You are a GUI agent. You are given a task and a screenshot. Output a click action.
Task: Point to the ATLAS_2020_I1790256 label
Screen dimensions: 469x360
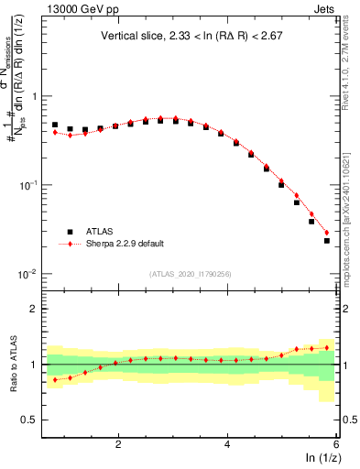pyautogui.click(x=191, y=274)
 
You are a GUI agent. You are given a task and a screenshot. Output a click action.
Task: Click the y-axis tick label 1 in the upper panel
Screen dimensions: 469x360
pyautogui.click(x=35, y=96)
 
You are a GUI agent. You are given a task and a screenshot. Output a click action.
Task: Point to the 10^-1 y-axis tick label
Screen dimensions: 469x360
pyautogui.click(x=29, y=185)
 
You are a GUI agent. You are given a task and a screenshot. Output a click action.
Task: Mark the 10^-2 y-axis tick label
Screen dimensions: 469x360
pyautogui.click(x=29, y=274)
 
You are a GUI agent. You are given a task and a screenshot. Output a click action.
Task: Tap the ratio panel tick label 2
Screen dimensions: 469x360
pyautogui.click(x=35, y=309)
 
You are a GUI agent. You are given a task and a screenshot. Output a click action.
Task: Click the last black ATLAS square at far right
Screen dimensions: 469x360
pyautogui.click(x=327, y=241)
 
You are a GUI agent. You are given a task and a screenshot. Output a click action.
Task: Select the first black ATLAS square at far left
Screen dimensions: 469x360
pyautogui.click(x=55, y=125)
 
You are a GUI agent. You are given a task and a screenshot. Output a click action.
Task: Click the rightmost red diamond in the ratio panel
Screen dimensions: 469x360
pyautogui.click(x=327, y=347)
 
